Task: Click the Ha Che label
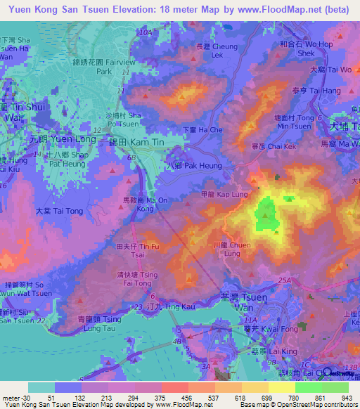click(202, 130)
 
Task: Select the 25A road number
click(284, 280)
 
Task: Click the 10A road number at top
click(146, 33)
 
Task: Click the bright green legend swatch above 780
click(308, 387)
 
